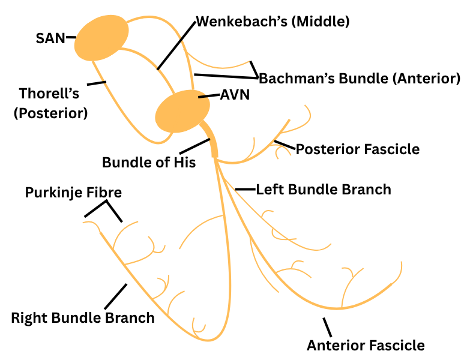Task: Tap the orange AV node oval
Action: point(182,111)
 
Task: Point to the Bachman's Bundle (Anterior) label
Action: point(359,78)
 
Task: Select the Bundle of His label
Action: point(149,163)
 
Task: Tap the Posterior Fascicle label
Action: point(358,149)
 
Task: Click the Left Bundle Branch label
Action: point(324,190)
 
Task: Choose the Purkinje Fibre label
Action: point(73,193)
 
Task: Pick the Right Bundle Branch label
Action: point(83,317)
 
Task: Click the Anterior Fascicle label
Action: point(366,345)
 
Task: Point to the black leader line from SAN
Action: point(71,37)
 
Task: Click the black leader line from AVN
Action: point(209,95)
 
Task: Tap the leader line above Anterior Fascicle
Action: point(327,327)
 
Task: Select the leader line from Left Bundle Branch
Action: point(245,190)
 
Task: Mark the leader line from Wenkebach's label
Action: point(176,46)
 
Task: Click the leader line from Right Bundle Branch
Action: point(115,296)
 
